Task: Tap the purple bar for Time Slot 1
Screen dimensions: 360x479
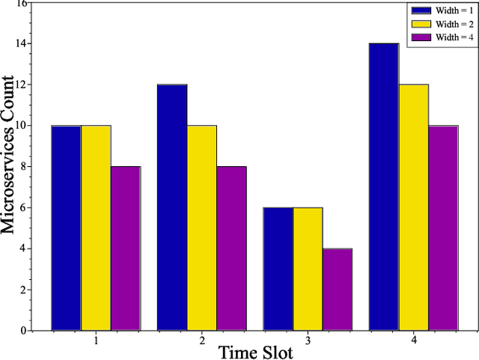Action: (x=126, y=248)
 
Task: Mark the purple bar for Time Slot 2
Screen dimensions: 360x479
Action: (x=232, y=248)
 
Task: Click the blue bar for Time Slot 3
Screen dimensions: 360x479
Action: (x=278, y=269)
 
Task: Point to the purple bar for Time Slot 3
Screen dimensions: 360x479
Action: (x=338, y=289)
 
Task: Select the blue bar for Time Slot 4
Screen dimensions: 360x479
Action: (x=384, y=186)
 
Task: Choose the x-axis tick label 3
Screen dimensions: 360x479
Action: (x=308, y=341)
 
